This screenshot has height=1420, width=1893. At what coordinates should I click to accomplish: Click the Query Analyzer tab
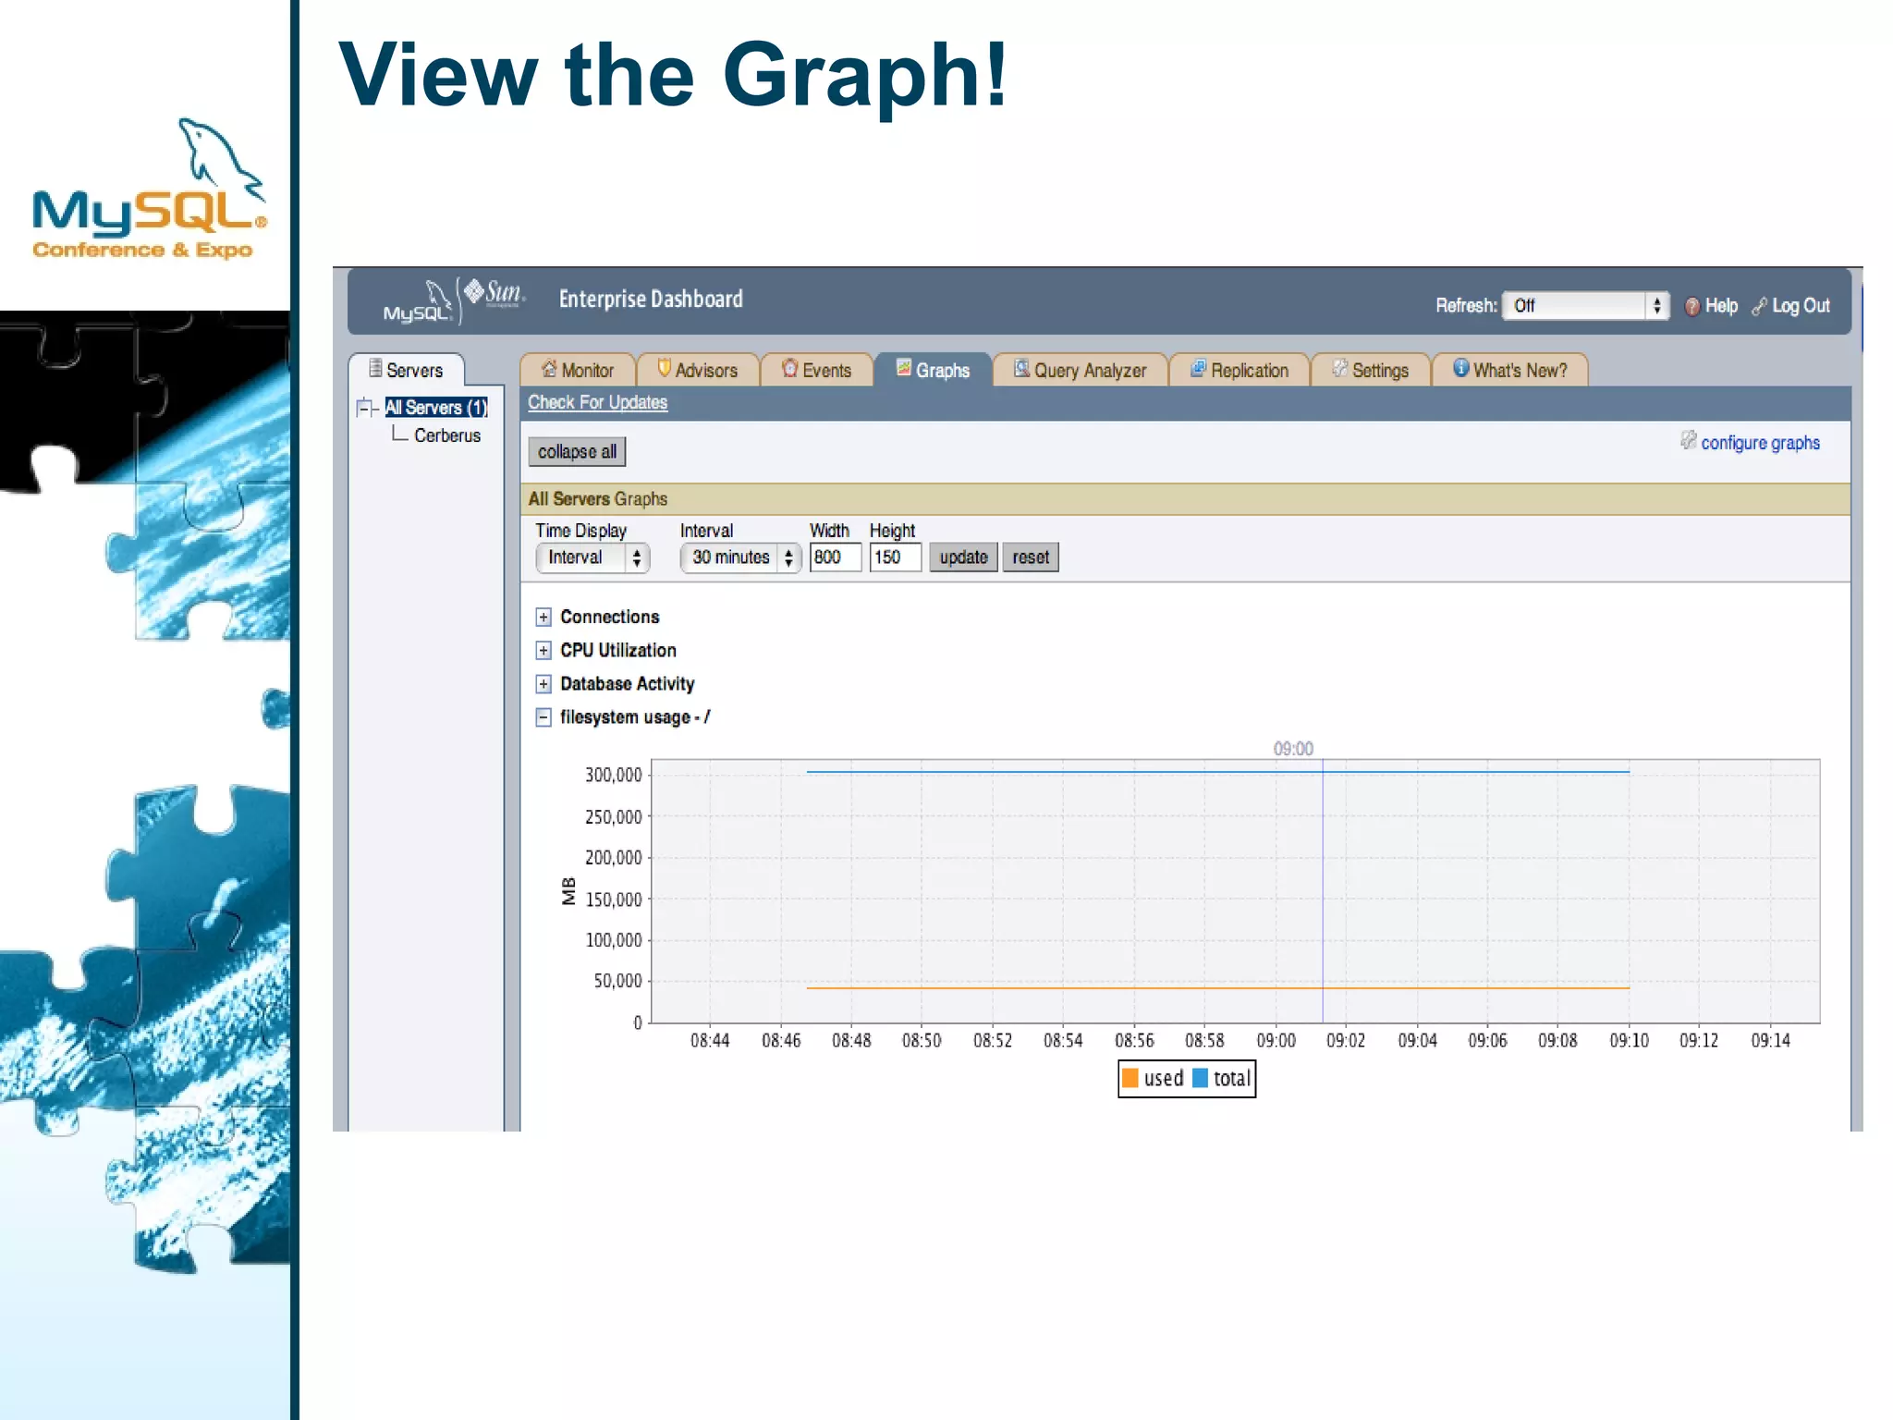pos(1080,371)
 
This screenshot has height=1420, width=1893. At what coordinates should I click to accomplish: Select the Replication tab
pos(1239,371)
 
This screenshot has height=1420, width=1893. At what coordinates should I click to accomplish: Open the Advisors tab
pos(698,371)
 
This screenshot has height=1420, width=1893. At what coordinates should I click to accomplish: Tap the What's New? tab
pos(1509,371)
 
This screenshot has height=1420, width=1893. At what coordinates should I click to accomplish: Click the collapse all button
pos(577,452)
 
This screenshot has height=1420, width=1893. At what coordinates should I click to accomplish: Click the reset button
pos(1030,557)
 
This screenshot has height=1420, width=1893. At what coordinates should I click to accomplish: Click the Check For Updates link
pos(597,403)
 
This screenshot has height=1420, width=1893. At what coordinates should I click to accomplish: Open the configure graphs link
pos(1759,443)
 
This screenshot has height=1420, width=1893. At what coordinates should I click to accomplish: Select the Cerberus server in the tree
pos(447,435)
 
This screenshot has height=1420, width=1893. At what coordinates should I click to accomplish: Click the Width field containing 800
pos(834,557)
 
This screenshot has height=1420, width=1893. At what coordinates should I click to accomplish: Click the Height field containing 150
pos(894,557)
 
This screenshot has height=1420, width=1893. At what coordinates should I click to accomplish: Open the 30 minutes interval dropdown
pos(739,557)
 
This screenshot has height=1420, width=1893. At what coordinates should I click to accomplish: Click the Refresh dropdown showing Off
pos(1584,306)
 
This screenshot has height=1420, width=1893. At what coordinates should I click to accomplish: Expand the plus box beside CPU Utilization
pos(543,651)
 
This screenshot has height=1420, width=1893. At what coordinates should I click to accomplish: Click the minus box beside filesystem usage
pos(543,717)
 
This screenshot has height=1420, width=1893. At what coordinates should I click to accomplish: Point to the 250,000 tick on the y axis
pos(613,817)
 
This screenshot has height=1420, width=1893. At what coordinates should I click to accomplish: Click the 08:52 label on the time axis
pos(992,1041)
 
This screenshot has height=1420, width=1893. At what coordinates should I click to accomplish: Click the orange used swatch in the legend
pos(1130,1078)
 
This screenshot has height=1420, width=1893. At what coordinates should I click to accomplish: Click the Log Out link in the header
pos(1800,306)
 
